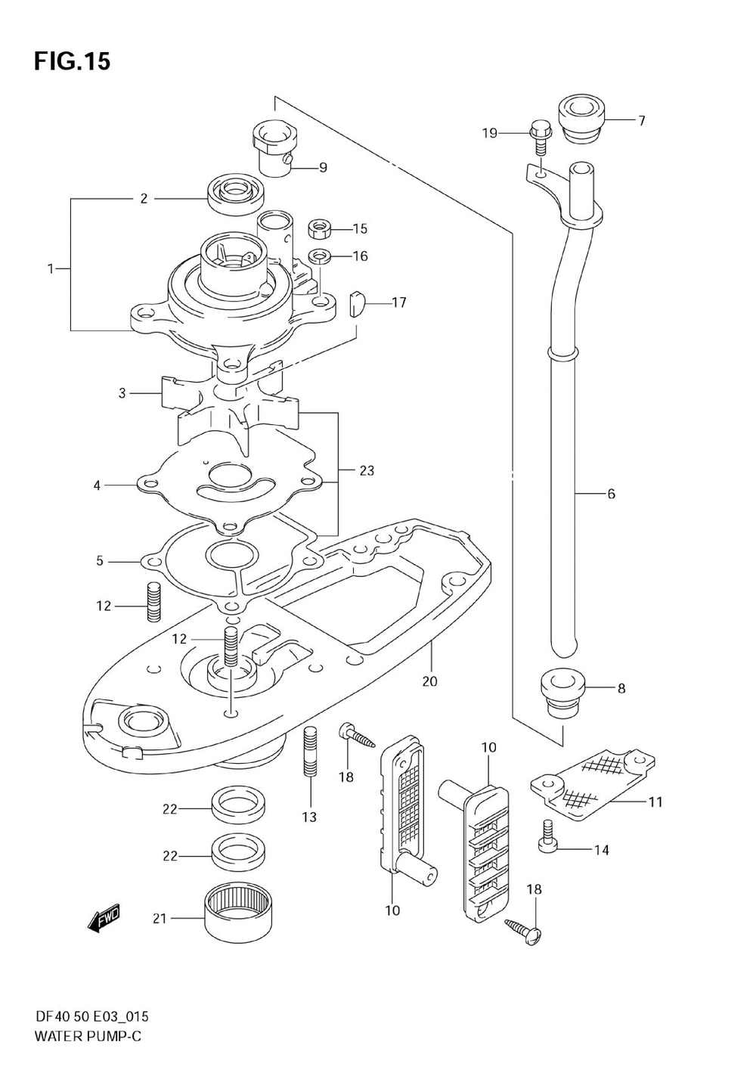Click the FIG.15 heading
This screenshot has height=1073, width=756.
coord(73,62)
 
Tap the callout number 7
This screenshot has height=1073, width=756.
coord(642,120)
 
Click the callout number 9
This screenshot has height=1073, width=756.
coord(323,168)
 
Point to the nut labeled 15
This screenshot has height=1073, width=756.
coord(320,228)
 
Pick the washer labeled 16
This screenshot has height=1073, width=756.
coord(320,257)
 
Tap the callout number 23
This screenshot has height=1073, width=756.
coord(367,471)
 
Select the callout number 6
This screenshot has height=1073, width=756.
coord(611,493)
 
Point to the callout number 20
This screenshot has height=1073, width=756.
coord(430,681)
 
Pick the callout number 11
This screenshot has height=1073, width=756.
coord(655,802)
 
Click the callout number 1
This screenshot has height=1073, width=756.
coord(51,269)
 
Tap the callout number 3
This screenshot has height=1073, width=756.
coord(122,393)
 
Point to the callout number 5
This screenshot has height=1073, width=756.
coord(100,560)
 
